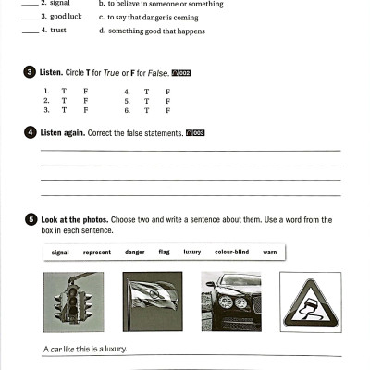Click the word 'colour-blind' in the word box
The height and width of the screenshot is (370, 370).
tap(231, 252)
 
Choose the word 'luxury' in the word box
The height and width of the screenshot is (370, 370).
tap(191, 252)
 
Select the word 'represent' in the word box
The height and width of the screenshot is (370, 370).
tap(97, 252)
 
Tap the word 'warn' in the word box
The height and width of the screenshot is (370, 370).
tap(269, 252)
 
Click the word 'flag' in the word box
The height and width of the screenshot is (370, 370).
tap(164, 252)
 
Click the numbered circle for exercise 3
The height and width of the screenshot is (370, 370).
tap(31, 72)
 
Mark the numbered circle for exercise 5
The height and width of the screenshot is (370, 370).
tap(31, 219)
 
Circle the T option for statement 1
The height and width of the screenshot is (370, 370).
tap(64, 92)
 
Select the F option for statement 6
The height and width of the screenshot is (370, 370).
tap(167, 110)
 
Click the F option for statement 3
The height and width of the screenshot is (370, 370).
tap(85, 110)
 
